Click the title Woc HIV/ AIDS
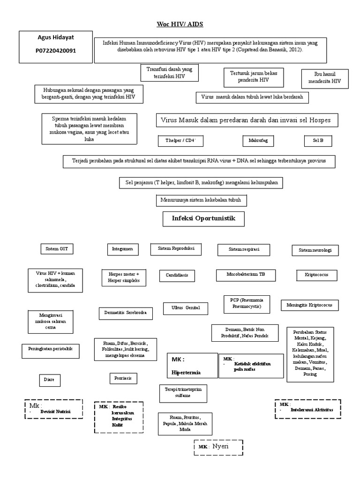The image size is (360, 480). (180, 24)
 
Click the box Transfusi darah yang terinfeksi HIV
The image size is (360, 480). (169, 73)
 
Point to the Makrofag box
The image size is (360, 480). (258, 140)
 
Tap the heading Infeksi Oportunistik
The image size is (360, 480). (204, 218)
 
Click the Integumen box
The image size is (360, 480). (122, 249)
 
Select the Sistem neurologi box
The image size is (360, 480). (315, 251)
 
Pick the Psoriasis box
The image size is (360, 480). (122, 377)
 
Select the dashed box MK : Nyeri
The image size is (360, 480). (218, 447)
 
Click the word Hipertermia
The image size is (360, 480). (186, 373)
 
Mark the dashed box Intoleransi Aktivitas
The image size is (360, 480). (307, 409)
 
